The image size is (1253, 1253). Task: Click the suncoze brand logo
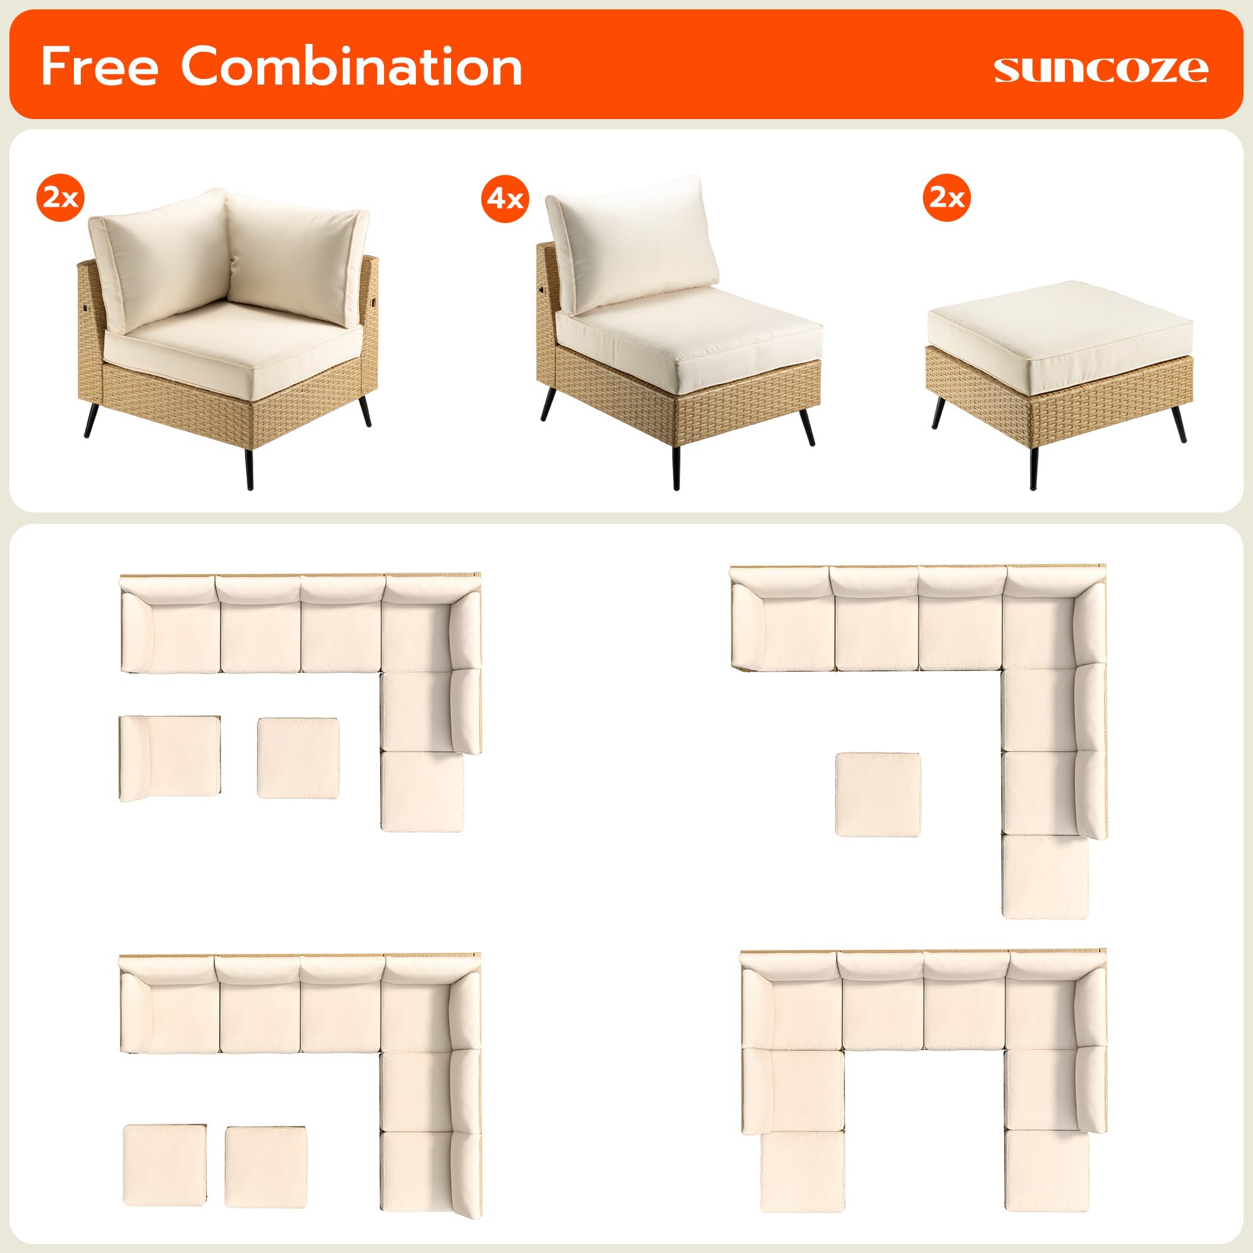(x=1100, y=70)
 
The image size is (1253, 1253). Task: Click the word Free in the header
(x=99, y=66)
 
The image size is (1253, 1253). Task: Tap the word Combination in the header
(x=351, y=66)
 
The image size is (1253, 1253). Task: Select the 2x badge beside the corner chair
(x=60, y=198)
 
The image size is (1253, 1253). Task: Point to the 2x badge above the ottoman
(x=947, y=197)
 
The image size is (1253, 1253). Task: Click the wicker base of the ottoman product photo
(x=1057, y=389)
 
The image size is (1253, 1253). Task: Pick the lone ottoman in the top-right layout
(x=878, y=794)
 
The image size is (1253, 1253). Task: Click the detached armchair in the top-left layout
(x=170, y=758)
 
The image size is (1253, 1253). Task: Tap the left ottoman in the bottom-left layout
(x=165, y=1165)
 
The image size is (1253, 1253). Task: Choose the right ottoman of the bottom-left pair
(x=266, y=1167)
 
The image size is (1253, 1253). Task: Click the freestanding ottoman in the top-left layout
(x=298, y=757)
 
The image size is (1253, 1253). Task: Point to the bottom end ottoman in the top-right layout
(x=1045, y=877)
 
